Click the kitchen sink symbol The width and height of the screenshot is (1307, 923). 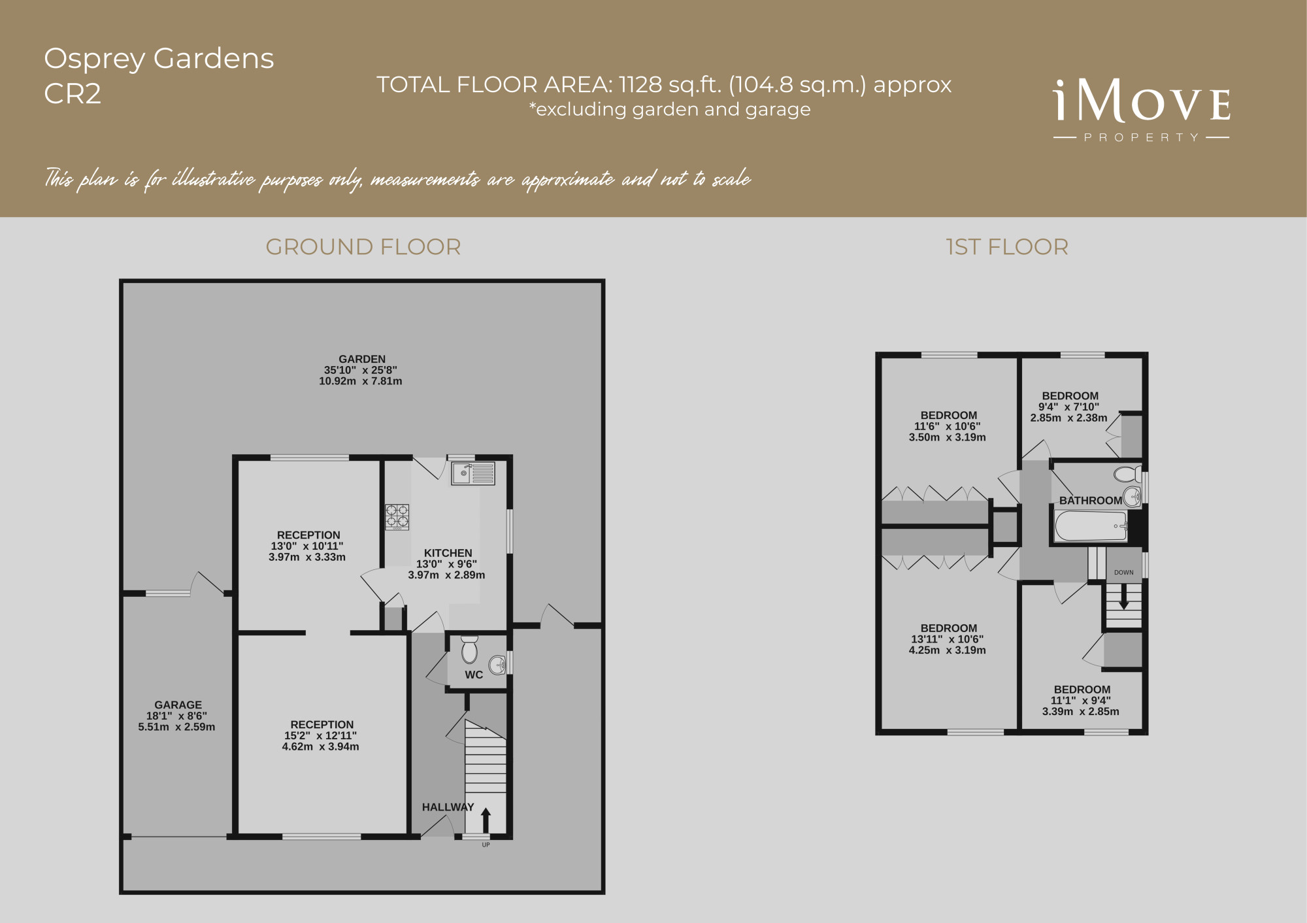tap(473, 473)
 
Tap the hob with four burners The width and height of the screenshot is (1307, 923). tap(397, 516)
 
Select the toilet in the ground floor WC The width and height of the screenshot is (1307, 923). tap(469, 650)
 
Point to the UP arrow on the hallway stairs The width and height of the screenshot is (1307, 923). tap(486, 820)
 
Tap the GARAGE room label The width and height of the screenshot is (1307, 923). tap(178, 705)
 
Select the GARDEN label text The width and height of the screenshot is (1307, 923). tap(362, 359)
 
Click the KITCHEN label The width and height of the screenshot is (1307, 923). tap(448, 553)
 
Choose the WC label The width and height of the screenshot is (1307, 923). tap(474, 675)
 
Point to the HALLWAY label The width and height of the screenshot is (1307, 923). tap(448, 807)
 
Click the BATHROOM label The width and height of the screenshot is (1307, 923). tap(1091, 501)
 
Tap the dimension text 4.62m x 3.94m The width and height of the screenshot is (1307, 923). tap(321, 747)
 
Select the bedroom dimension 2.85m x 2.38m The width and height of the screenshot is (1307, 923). tap(1069, 418)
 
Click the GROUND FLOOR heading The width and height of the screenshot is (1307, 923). tap(363, 247)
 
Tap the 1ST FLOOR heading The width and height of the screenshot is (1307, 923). tap(1007, 247)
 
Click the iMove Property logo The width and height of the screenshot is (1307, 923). tap(1142, 110)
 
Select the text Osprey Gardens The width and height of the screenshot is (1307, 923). tap(159, 59)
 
